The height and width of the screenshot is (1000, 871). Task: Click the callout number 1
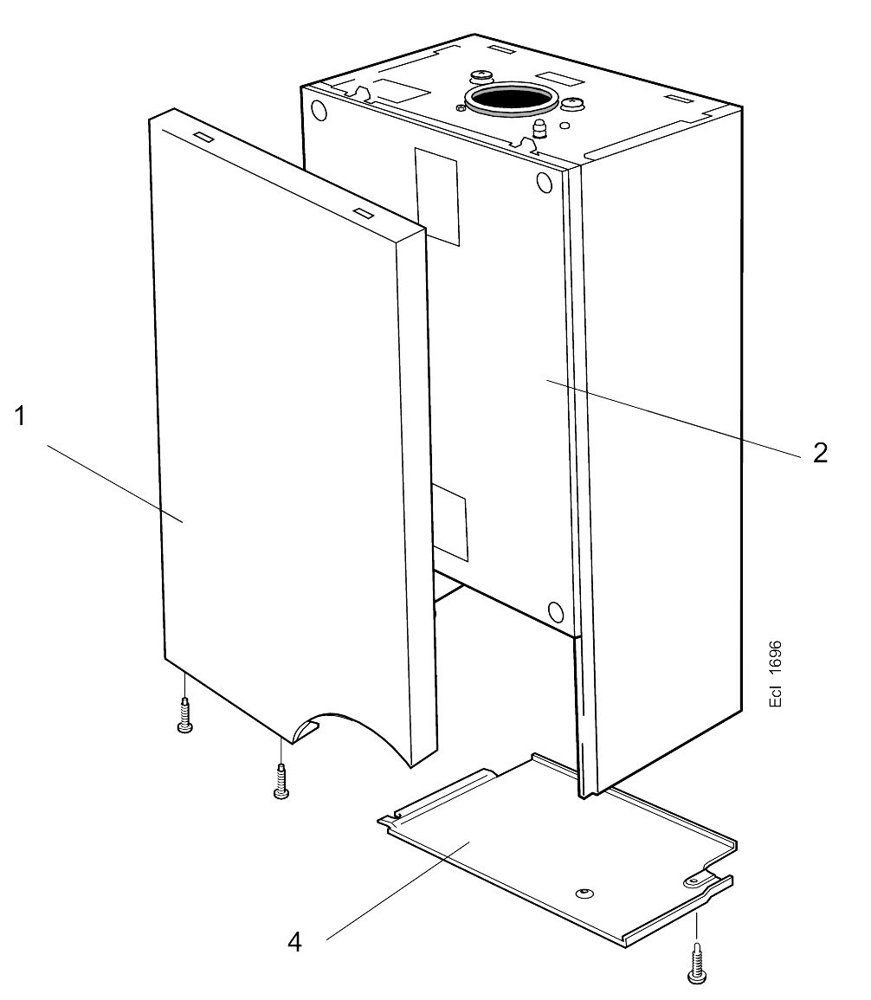(x=19, y=416)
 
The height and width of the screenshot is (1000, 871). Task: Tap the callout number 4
(x=294, y=942)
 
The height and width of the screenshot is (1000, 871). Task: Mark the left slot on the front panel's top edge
(x=201, y=136)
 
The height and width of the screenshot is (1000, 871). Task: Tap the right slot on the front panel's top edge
(x=362, y=212)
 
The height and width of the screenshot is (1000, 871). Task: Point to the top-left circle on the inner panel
(x=319, y=111)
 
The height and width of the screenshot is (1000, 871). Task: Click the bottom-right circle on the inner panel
(x=556, y=610)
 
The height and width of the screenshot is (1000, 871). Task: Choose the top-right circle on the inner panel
(x=544, y=183)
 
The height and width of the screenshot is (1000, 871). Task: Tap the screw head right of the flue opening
(x=573, y=105)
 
